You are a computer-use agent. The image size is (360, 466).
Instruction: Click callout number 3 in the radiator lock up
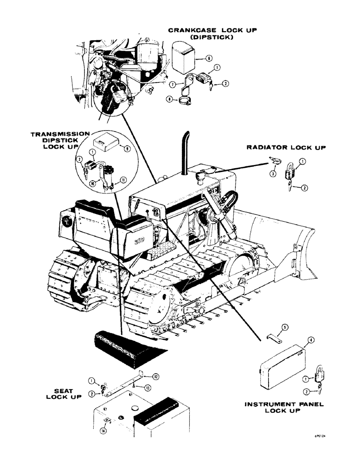click(272, 174)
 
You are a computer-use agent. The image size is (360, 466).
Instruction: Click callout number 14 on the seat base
click(103, 431)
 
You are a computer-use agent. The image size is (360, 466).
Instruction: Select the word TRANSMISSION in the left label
click(60, 134)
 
